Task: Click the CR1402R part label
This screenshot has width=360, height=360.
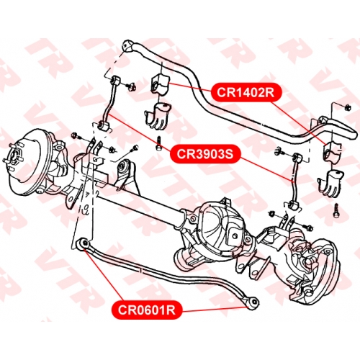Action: (x=246, y=92)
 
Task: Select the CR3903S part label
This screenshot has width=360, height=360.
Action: (x=205, y=154)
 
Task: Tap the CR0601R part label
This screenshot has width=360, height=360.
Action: (x=147, y=310)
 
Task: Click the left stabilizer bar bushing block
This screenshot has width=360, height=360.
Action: (x=160, y=84)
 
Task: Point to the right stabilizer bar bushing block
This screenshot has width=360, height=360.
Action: (x=333, y=152)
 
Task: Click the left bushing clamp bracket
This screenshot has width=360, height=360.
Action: (x=157, y=116)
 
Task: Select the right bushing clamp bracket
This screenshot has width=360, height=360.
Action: (x=330, y=183)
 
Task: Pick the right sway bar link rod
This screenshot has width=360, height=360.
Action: (x=294, y=182)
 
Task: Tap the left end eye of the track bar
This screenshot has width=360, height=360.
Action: (x=84, y=244)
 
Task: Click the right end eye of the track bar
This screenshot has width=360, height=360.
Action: (x=253, y=303)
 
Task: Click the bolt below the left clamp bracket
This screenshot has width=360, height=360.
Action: (x=158, y=144)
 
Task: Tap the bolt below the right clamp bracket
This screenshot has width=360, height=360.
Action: (x=336, y=211)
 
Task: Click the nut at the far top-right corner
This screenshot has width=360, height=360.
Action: (x=348, y=107)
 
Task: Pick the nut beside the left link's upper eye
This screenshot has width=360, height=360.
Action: (x=132, y=86)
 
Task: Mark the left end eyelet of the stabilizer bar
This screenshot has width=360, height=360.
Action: (x=127, y=45)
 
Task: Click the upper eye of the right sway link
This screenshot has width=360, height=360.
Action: (x=297, y=158)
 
